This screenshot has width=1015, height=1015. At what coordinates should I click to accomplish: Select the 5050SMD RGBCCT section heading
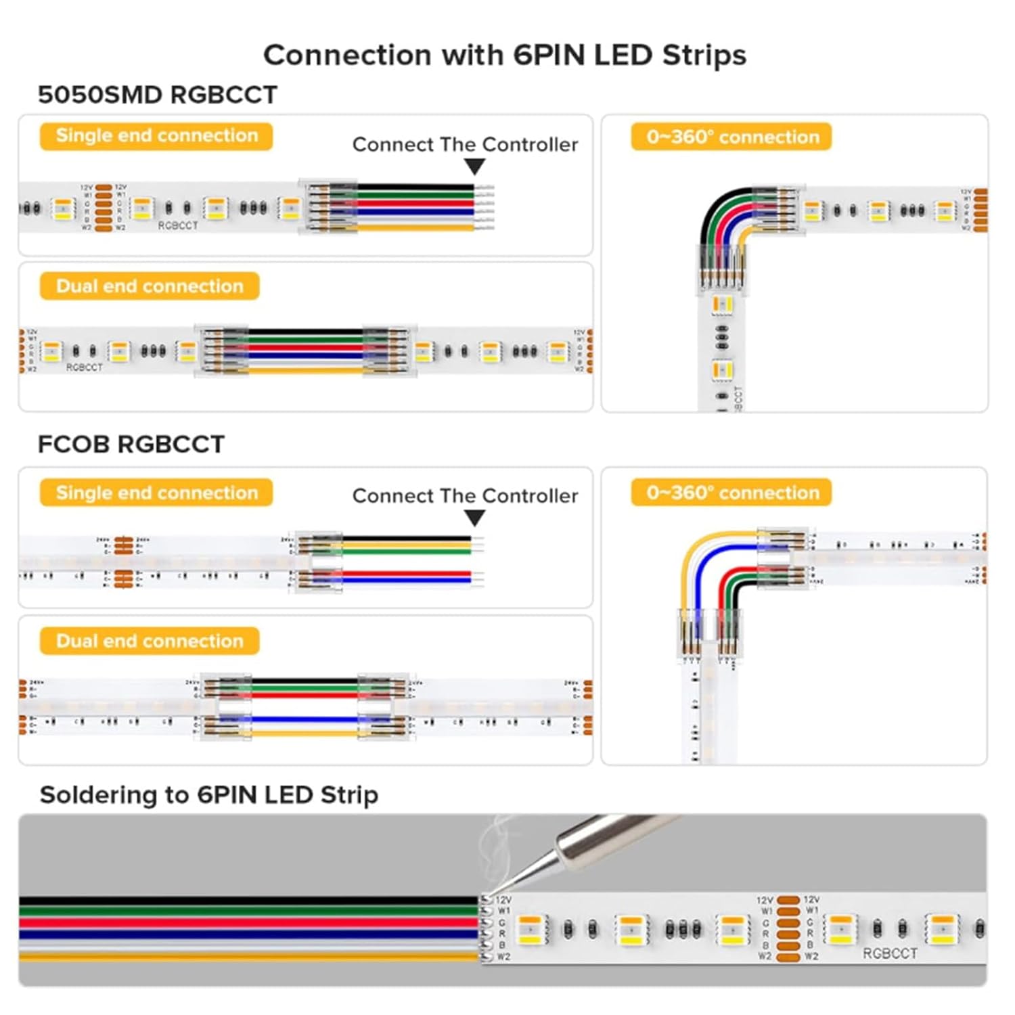point(157,95)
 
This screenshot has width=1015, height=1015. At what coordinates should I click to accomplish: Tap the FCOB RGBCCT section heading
point(131,445)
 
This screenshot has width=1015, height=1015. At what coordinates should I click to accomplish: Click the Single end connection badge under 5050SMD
point(156,136)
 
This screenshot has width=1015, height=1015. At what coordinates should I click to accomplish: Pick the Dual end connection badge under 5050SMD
point(150,286)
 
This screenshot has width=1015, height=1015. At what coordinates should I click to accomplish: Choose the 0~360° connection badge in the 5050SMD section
point(731,137)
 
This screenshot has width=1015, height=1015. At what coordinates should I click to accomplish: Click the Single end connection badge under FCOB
point(156,493)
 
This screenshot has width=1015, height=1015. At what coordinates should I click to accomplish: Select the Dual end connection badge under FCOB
point(150,641)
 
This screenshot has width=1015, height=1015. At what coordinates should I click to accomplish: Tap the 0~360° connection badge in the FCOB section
point(731,493)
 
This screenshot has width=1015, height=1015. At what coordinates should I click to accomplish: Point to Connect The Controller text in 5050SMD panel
point(465,145)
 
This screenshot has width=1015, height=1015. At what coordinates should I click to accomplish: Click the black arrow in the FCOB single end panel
point(475,518)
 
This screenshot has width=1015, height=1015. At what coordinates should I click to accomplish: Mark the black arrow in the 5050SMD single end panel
point(475,166)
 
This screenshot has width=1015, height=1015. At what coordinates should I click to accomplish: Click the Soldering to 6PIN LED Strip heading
point(208,794)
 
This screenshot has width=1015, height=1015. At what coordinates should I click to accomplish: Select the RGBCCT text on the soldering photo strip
point(890,953)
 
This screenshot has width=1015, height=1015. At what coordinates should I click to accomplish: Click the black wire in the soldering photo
point(244,901)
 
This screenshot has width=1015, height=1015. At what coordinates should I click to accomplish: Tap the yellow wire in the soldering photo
point(244,957)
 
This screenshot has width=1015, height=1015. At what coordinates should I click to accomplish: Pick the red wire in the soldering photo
point(244,923)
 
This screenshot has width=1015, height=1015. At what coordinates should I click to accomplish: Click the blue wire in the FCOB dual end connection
point(304,719)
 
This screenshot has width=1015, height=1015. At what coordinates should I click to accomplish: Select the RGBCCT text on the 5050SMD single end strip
point(178,225)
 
